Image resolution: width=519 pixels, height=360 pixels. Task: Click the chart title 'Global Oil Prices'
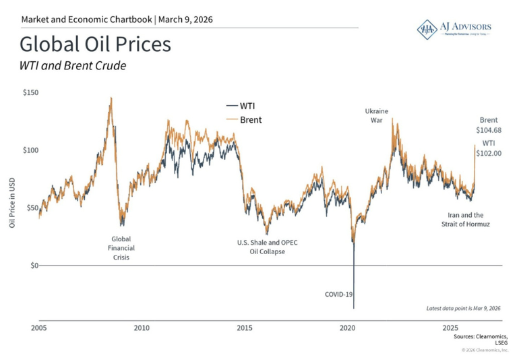(x=95, y=45)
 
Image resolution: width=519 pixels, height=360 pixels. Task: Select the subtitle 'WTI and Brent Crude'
(x=73, y=66)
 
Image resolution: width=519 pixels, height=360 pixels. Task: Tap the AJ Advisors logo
(x=454, y=28)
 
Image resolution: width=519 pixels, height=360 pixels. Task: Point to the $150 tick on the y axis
(x=30, y=92)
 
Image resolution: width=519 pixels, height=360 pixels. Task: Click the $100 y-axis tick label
(x=30, y=150)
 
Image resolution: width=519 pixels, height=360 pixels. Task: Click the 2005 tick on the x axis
(x=39, y=328)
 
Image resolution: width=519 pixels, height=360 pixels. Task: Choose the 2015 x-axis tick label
(x=245, y=328)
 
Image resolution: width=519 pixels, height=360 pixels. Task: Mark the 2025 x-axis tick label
(x=450, y=328)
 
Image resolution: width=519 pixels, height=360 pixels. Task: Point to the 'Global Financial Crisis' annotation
(x=121, y=247)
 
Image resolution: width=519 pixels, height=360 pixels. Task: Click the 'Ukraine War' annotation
(x=376, y=115)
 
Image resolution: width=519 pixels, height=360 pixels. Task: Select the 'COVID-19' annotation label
(x=339, y=294)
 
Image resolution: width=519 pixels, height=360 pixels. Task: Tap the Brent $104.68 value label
(x=489, y=125)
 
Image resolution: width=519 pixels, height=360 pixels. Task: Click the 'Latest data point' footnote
(x=464, y=308)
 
